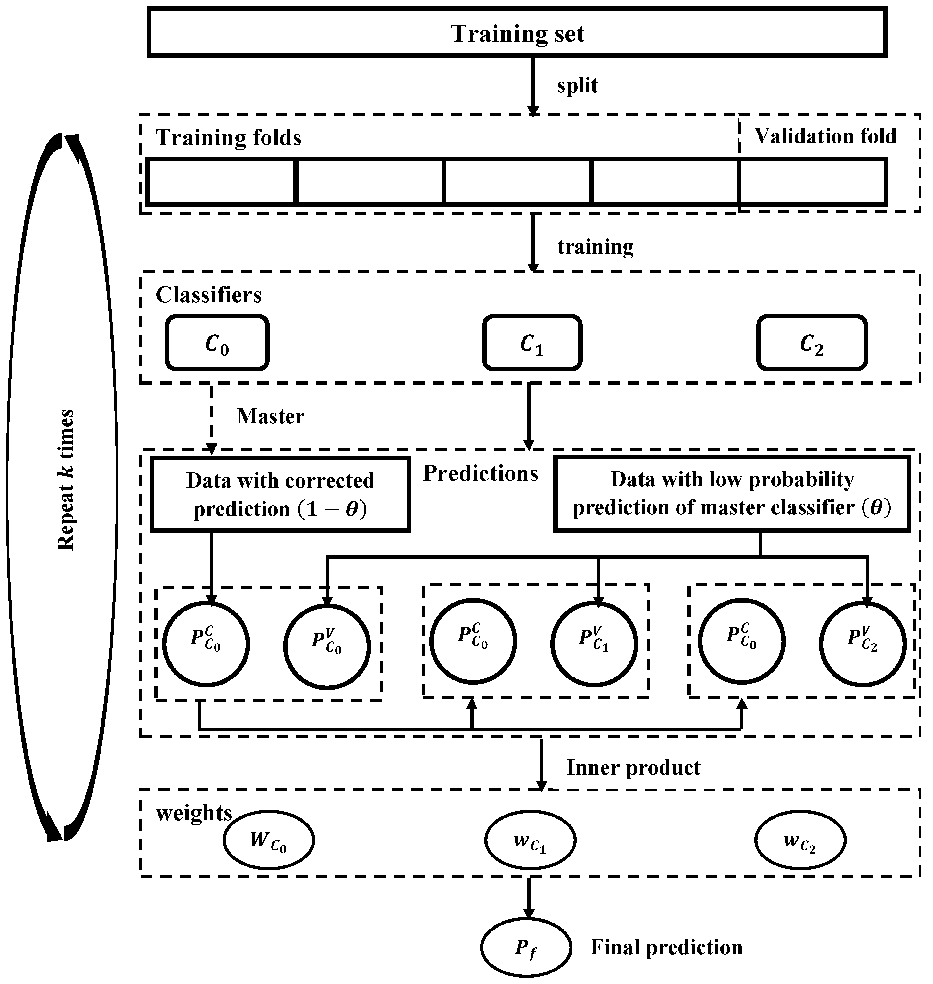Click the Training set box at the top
click(x=517, y=32)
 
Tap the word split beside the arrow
click(x=577, y=86)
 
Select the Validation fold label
click(x=825, y=136)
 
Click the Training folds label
click(x=229, y=138)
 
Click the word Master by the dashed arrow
click(x=271, y=417)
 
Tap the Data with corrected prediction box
click(x=280, y=495)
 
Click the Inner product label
click(x=633, y=767)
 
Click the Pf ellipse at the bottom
click(x=526, y=948)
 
